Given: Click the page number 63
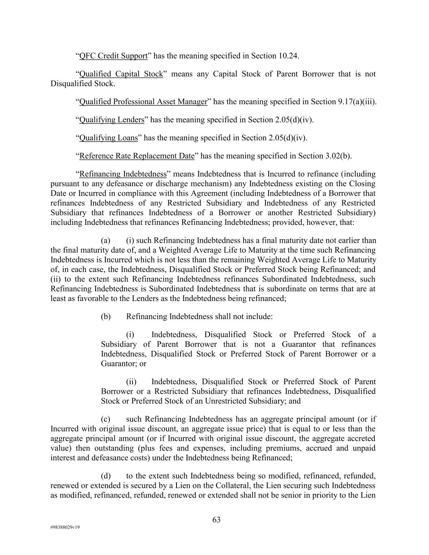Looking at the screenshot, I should coord(216,520).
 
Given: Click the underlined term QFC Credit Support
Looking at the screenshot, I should coord(113,56).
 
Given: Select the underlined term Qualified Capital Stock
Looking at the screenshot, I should coord(121,74).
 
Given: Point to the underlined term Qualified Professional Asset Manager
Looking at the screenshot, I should coord(143,102).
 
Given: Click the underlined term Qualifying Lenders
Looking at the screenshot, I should coord(111,120).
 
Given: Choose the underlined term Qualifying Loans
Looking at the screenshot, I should coord(108,138).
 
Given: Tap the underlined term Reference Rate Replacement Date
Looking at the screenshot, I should coord(137,156).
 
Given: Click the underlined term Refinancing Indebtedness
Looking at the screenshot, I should coord(123,174).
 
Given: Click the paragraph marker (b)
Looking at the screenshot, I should coord(106,316).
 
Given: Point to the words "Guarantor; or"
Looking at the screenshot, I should coord(124,363).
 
